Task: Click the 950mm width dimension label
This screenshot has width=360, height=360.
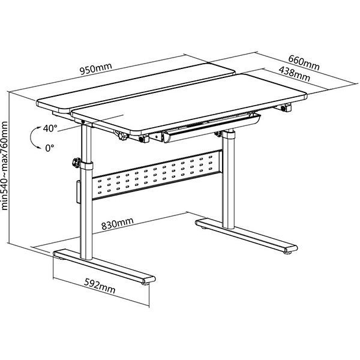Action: (x=96, y=68)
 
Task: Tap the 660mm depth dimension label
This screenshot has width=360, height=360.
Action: (x=304, y=62)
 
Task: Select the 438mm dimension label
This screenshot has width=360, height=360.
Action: (x=295, y=74)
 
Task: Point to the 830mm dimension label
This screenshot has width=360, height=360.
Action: (x=118, y=223)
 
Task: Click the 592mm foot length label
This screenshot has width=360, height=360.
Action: (x=100, y=286)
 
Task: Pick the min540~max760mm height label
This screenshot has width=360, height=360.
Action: (x=5, y=166)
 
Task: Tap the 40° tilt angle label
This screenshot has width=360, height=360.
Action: (x=50, y=128)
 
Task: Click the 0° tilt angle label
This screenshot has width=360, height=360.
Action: (x=50, y=148)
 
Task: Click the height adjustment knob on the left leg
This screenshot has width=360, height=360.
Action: (x=76, y=163)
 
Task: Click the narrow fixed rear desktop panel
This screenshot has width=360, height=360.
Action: (x=136, y=88)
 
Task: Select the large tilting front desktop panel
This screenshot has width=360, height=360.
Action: (x=189, y=104)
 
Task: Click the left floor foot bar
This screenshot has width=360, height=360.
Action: (x=104, y=267)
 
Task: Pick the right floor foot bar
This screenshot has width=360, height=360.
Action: (x=247, y=236)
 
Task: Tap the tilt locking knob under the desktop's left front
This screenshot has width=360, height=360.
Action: (x=121, y=135)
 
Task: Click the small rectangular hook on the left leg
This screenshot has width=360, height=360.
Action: (x=79, y=192)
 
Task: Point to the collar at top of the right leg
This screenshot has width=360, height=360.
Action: (x=229, y=134)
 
